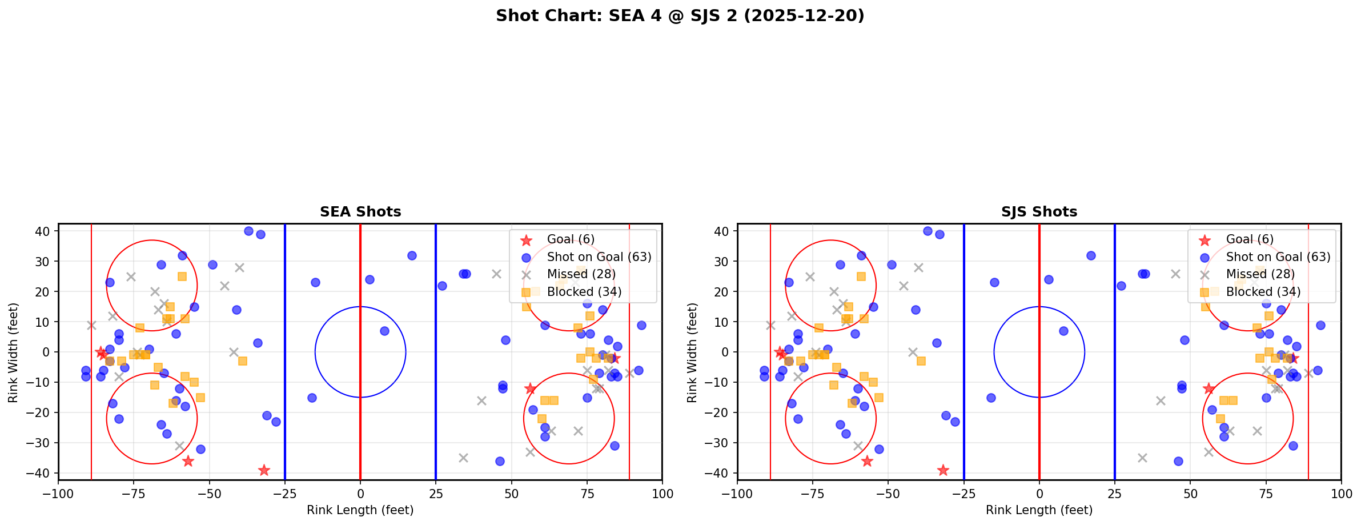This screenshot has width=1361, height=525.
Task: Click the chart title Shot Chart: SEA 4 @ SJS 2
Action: click(x=680, y=15)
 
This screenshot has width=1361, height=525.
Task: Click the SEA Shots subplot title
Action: click(x=360, y=212)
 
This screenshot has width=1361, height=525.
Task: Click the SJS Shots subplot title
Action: click(x=1039, y=212)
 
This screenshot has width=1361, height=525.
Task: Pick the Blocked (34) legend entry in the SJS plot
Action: click(x=1263, y=292)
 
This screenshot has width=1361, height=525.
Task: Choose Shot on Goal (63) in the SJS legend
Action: click(x=1278, y=257)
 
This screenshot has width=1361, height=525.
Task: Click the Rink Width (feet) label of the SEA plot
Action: click(x=13, y=352)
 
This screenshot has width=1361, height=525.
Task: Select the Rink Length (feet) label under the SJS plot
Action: click(x=1039, y=510)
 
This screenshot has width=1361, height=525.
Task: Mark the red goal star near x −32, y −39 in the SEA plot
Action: click(x=264, y=470)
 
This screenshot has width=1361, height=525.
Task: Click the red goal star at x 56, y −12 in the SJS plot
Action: click(x=1209, y=388)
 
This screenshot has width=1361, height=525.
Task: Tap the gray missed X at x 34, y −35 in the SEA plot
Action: click(x=463, y=458)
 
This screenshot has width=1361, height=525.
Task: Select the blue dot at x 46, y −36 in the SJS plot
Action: click(x=1178, y=461)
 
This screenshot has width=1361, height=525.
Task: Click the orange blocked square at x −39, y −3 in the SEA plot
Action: click(x=243, y=361)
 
